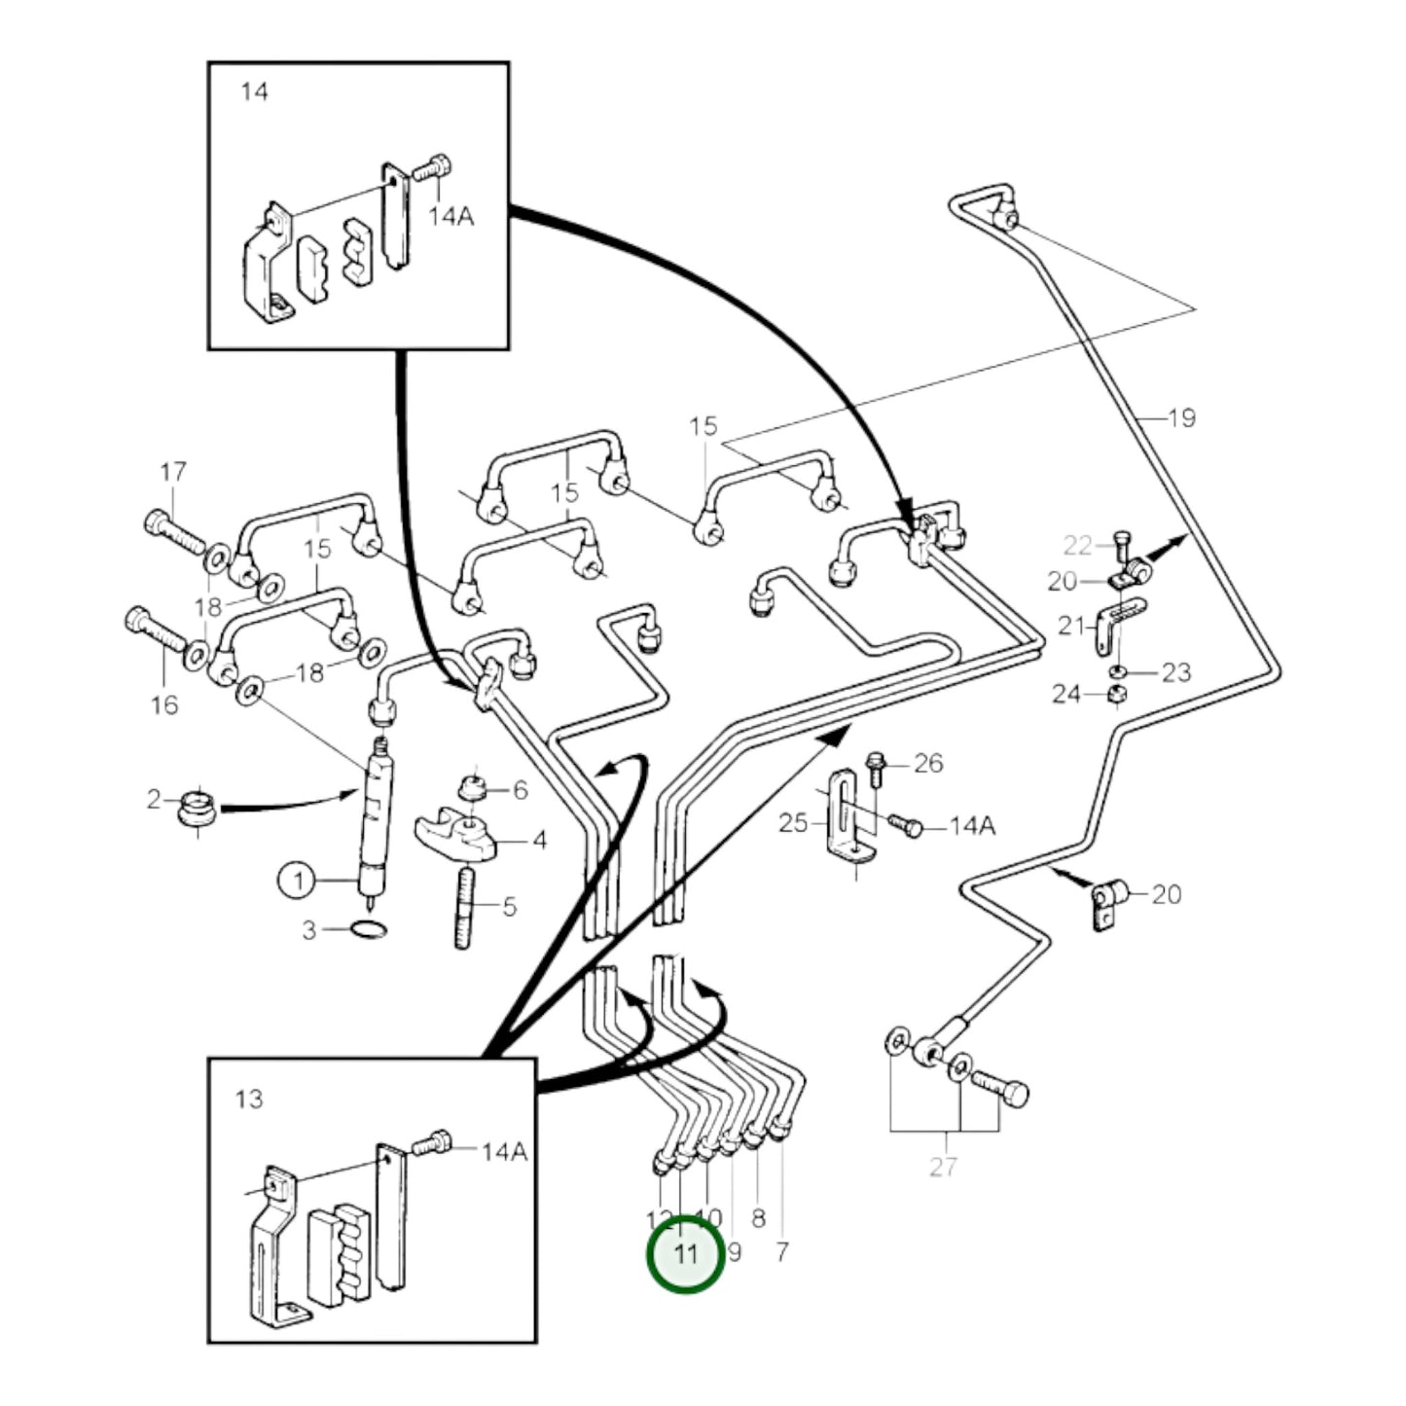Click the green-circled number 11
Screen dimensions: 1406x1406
[x=686, y=1254]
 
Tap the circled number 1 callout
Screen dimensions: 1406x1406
[x=299, y=882]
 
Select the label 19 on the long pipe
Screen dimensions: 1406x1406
[x=1180, y=418]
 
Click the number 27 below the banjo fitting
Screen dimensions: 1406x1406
[x=943, y=1167]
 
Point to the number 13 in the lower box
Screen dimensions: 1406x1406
[x=249, y=1099]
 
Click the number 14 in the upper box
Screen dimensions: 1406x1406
[x=254, y=92]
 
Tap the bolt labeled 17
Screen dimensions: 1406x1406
[x=175, y=531]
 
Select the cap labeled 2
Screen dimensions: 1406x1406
[x=198, y=811]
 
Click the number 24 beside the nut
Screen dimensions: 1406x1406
[x=1065, y=694]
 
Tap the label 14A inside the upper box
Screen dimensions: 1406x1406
[x=451, y=216]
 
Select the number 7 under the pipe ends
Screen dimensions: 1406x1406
[x=782, y=1251]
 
